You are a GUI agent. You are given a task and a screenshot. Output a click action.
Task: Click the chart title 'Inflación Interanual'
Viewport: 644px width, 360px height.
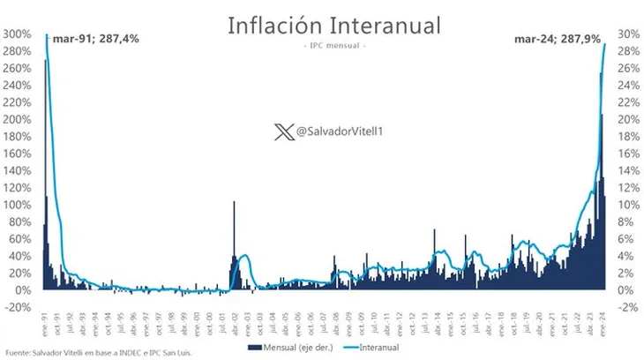point(321,25)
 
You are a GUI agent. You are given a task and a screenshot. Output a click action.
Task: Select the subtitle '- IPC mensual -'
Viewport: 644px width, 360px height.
point(321,45)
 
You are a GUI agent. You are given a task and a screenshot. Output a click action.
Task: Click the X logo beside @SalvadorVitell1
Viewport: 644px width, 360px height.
point(281,131)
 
